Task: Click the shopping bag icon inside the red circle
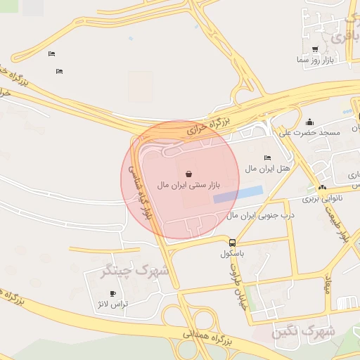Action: (x=188, y=174)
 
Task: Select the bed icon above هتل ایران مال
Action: (x=266, y=157)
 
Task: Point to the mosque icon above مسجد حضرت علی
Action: (x=309, y=122)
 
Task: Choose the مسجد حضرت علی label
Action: (x=309, y=132)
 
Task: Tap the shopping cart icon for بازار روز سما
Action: (x=314, y=49)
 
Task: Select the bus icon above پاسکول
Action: (x=232, y=241)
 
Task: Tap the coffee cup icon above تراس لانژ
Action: (x=113, y=293)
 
